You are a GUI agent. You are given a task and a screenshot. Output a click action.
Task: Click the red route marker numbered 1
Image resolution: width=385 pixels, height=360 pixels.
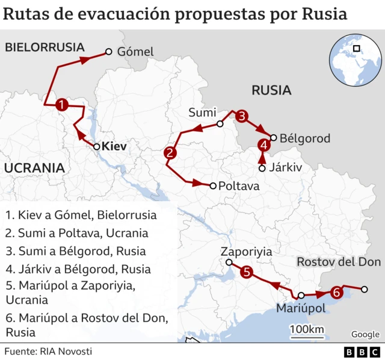[x=61, y=105]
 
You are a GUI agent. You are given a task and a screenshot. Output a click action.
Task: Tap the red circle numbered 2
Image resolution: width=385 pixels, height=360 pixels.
[x=170, y=153]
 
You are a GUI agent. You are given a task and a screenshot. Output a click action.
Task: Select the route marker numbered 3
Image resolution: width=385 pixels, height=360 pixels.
[x=241, y=117]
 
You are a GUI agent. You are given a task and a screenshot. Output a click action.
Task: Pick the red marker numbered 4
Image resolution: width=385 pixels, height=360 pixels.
[x=263, y=144]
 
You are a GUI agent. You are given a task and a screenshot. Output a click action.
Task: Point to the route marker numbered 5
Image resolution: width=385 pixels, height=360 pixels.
[x=247, y=273]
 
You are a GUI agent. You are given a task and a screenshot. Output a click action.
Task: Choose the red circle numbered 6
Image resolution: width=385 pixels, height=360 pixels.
[x=337, y=293]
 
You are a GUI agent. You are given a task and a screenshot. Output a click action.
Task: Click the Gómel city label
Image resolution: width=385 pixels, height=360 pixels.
[x=135, y=52]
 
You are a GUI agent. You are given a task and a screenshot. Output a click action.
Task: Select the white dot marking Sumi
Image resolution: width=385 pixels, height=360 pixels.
[x=220, y=124]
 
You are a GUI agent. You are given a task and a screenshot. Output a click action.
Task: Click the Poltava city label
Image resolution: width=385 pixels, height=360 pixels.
[x=239, y=186]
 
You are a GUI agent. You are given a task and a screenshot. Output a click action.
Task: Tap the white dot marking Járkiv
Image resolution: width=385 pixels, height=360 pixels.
[x=262, y=168]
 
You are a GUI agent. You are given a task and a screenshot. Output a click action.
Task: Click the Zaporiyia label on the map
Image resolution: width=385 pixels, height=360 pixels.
[x=246, y=252]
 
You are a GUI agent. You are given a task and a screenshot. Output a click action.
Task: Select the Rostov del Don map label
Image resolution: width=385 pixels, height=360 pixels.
[x=339, y=262]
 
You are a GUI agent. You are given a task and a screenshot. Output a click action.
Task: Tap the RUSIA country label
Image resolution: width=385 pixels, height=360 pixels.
[x=271, y=90]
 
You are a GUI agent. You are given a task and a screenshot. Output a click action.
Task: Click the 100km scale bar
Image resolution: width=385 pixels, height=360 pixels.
[x=307, y=331]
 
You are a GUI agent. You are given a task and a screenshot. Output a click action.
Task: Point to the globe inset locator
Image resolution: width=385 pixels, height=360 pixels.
[x=355, y=60]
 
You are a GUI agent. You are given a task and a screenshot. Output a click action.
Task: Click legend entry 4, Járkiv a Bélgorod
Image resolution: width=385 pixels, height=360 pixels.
[x=78, y=269]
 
